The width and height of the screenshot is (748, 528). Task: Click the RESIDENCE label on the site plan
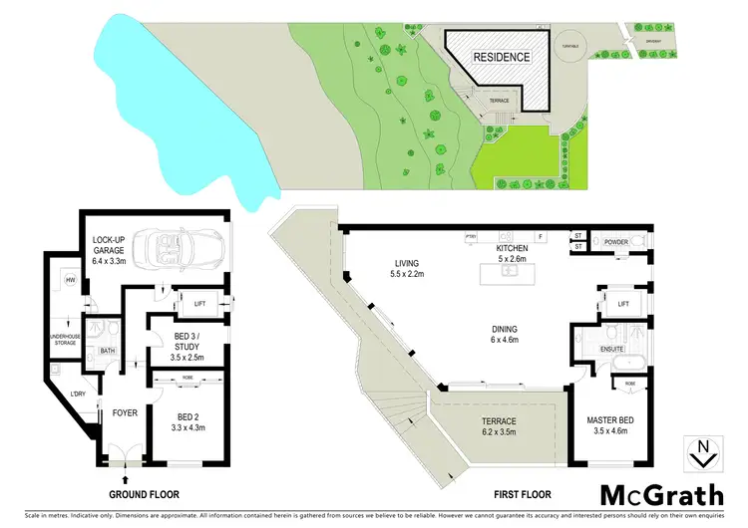pos(501,57)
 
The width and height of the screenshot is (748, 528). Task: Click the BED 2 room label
pos(188,420)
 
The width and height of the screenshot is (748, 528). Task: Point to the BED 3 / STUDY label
pos(188,344)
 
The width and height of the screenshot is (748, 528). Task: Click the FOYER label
pos(125,411)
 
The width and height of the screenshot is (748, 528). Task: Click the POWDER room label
pos(615,240)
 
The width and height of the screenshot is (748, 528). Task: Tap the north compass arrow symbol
pos(704,453)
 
